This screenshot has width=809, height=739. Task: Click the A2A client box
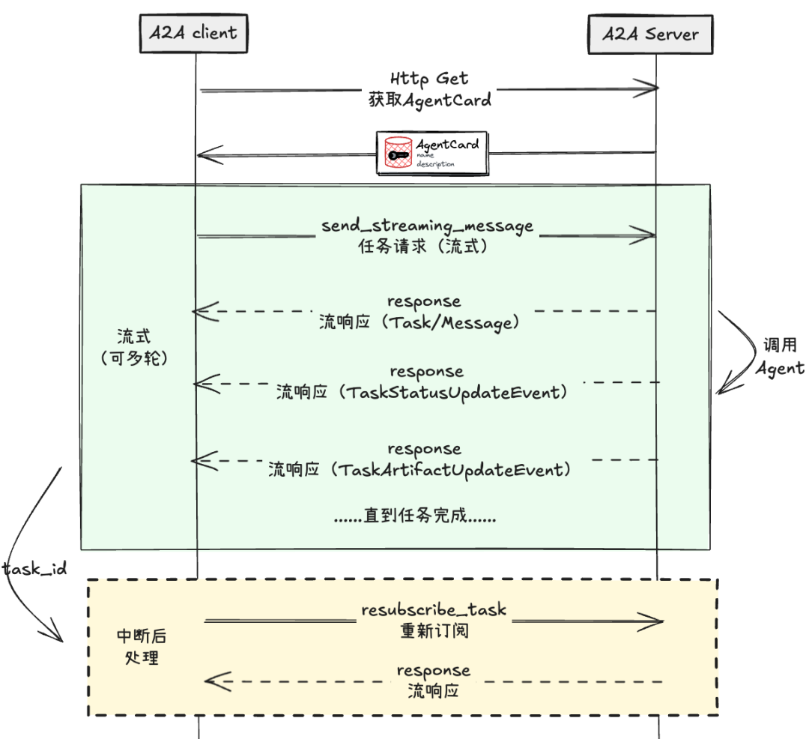click(193, 32)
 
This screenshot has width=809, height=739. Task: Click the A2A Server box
click(651, 34)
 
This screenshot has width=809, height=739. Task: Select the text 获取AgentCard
click(429, 100)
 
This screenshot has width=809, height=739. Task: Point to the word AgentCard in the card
click(447, 144)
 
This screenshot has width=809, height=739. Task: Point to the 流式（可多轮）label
click(134, 346)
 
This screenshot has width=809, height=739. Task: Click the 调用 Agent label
click(779, 357)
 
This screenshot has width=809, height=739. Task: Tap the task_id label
click(34, 569)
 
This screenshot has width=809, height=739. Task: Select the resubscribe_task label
click(433, 609)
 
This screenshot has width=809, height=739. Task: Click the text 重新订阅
click(434, 630)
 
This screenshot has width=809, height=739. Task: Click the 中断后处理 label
click(142, 647)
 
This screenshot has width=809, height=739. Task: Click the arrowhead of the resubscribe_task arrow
click(655, 621)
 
